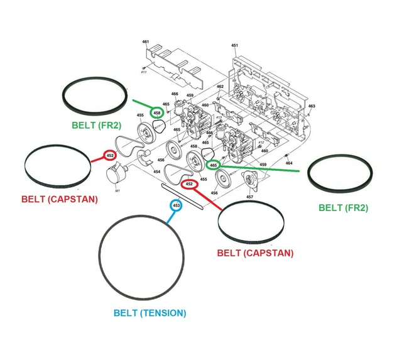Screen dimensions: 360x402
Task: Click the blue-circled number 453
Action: (x=177, y=205)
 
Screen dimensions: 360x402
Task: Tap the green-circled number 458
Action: (x=156, y=112)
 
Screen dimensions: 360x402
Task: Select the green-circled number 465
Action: (x=214, y=165)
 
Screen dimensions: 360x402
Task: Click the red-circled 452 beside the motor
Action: (x=110, y=155)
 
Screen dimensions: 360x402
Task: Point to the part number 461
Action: (x=146, y=42)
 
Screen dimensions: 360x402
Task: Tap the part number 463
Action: (x=312, y=106)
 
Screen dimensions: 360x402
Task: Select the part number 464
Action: (x=289, y=163)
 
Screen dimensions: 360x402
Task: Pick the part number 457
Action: (x=249, y=197)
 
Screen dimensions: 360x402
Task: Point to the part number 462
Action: (x=220, y=87)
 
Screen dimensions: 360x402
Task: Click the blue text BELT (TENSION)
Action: (x=149, y=313)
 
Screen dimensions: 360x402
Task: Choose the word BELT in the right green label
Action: (x=330, y=207)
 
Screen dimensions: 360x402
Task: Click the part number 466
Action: (x=175, y=94)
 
